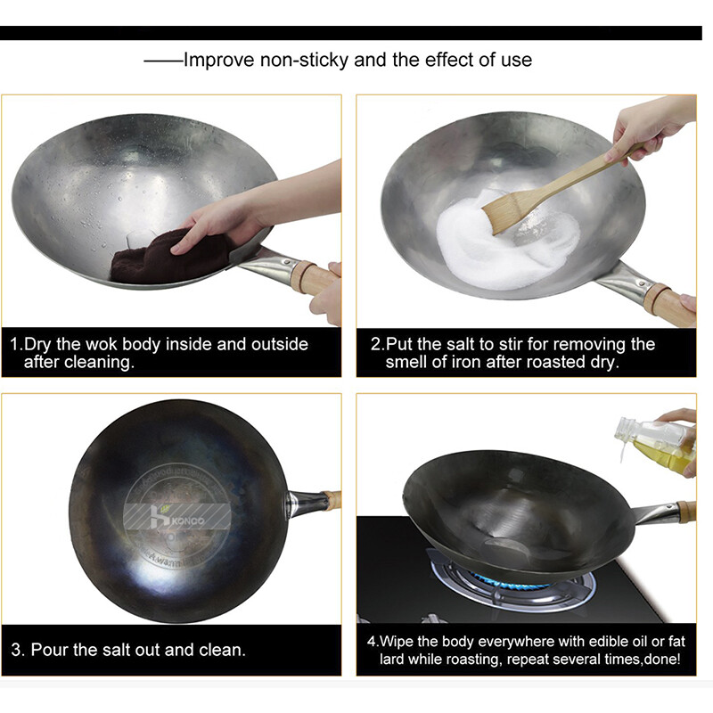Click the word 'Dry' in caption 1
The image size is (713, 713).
tap(39, 344)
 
